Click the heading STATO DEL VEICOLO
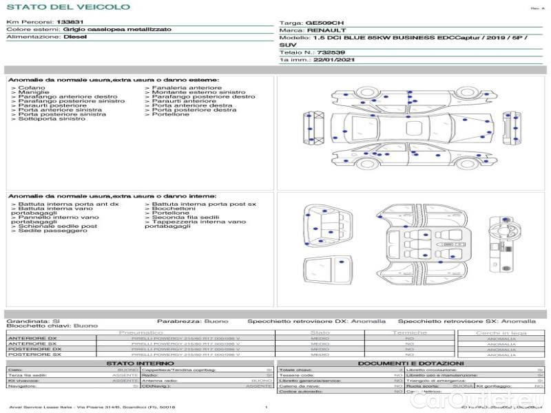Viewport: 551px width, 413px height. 67,7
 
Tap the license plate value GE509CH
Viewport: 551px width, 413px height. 322,23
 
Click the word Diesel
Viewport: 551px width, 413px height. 75,37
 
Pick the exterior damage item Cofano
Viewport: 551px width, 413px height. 32,88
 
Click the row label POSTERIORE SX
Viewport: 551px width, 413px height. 34,355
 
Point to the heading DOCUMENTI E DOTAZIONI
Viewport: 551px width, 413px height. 410,363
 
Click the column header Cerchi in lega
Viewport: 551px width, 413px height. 501,332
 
